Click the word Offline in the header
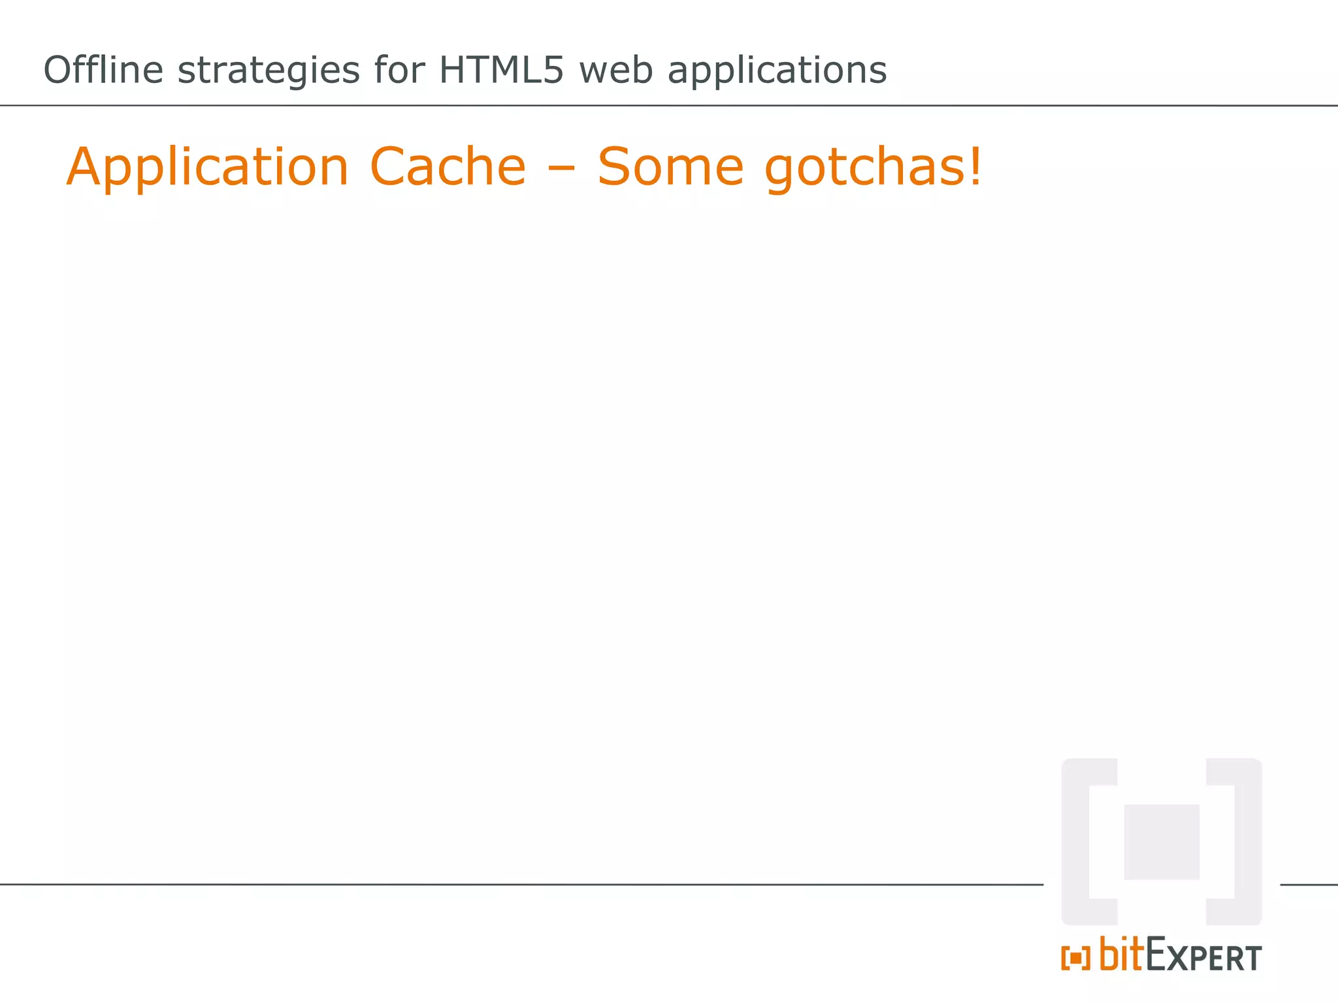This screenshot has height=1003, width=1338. [103, 70]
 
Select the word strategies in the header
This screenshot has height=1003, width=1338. [269, 71]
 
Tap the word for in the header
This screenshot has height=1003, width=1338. [400, 70]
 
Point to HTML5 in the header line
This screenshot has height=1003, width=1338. [501, 70]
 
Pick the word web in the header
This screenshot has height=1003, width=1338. [616, 70]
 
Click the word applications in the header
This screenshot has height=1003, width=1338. [777, 71]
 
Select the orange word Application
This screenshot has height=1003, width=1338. [208, 168]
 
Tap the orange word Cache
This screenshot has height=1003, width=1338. [448, 167]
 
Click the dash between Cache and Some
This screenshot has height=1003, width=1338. [561, 168]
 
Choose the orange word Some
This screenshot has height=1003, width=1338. [670, 167]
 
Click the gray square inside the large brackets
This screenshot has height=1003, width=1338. [1162, 842]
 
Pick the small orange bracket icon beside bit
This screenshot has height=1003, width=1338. [1075, 959]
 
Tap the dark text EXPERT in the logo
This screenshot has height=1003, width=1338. [1203, 957]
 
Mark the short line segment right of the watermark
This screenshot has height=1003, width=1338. [1309, 885]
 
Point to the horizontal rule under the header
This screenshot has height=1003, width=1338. [669, 105]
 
